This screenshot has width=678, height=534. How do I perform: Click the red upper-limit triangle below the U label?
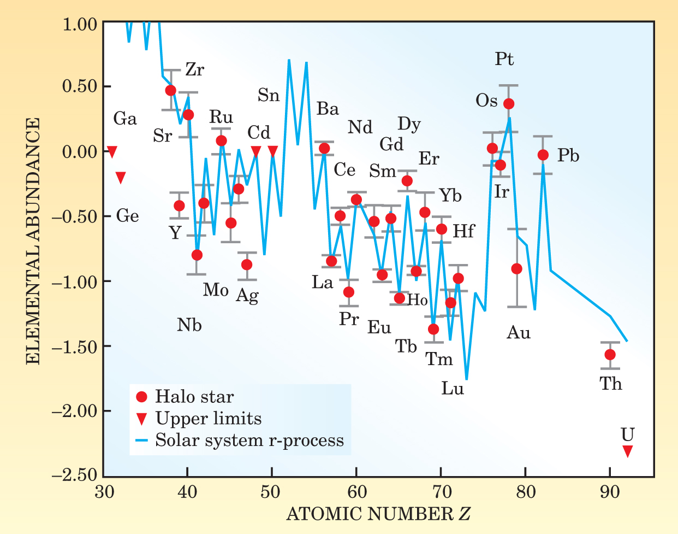[x=627, y=451]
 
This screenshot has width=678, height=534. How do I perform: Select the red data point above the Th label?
[x=610, y=355]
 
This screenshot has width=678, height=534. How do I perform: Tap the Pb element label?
[x=568, y=156]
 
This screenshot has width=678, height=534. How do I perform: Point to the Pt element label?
[x=504, y=59]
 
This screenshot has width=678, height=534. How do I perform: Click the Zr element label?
[x=195, y=70]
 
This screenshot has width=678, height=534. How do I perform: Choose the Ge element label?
[x=127, y=216]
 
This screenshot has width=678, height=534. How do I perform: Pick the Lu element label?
[x=453, y=389]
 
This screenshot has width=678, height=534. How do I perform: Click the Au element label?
[x=518, y=332]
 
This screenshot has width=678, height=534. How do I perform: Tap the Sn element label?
[x=269, y=96]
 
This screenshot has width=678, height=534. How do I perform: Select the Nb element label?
[x=189, y=325]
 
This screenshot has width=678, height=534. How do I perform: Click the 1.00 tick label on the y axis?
[x=80, y=24]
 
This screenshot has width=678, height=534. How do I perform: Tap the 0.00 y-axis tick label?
[x=80, y=152]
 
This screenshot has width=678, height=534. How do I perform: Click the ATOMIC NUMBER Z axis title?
[x=378, y=514]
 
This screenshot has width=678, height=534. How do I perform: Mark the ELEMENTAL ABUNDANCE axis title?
[x=33, y=241]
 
